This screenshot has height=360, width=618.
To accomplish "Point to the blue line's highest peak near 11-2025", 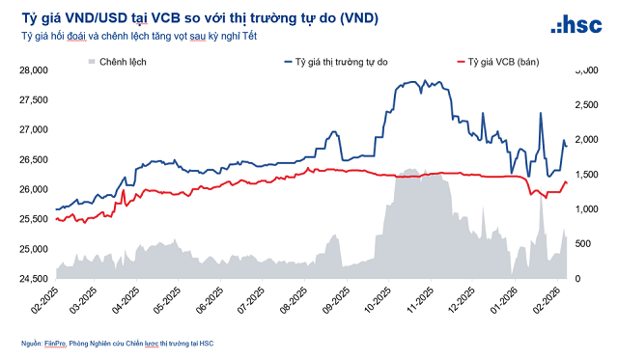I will point(413,82).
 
